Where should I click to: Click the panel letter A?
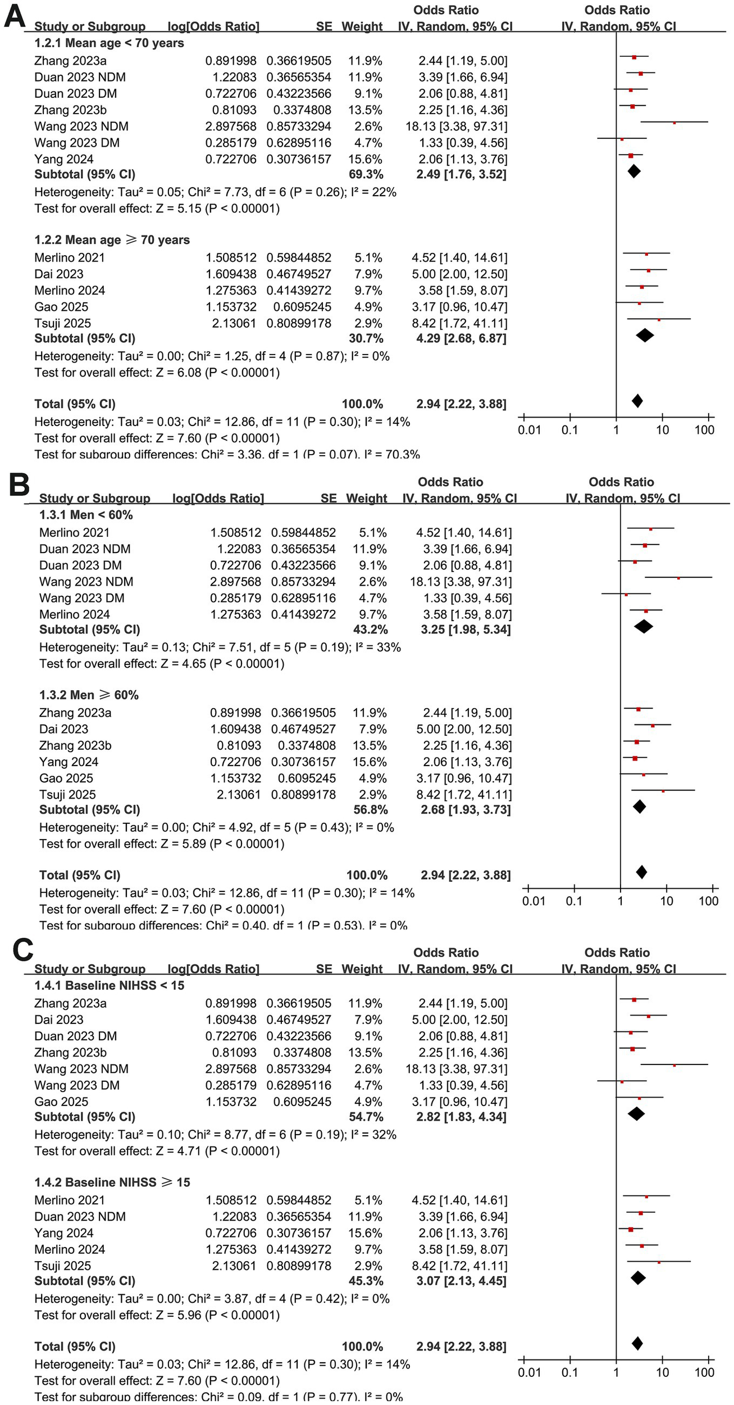tap(15, 16)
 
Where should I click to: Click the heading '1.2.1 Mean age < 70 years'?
tap(109, 43)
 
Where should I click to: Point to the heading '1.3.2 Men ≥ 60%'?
tap(89, 695)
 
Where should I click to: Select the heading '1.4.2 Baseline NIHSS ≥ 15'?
tap(112, 1182)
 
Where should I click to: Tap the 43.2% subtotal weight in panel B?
tap(370, 630)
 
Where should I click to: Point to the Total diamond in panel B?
tap(642, 872)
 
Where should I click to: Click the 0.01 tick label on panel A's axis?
tap(529, 430)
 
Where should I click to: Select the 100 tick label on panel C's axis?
tap(704, 1373)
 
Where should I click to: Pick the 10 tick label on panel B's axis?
tap(667, 901)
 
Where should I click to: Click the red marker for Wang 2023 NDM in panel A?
tap(674, 123)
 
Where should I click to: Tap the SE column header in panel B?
tap(329, 498)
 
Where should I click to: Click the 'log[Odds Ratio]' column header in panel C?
tap(213, 969)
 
